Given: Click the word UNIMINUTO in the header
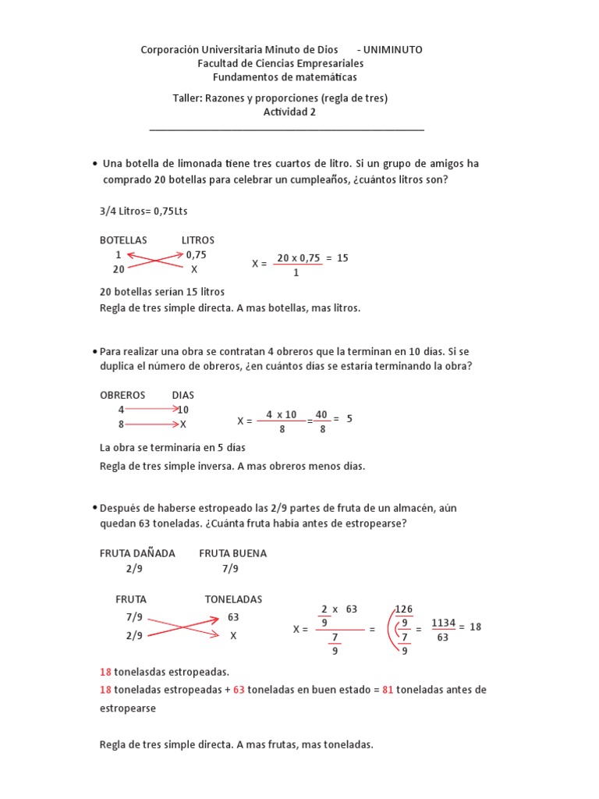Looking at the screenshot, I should pyautogui.click(x=393, y=49).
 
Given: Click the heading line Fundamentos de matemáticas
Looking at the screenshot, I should pyautogui.click(x=285, y=77).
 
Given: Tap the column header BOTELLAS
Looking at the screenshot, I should pyautogui.click(x=123, y=240).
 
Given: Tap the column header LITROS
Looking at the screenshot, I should pyautogui.click(x=198, y=240).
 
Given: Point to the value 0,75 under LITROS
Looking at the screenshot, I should pyautogui.click(x=197, y=254).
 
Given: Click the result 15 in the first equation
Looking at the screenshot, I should pyautogui.click(x=342, y=258).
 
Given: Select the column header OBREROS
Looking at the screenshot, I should pyautogui.click(x=123, y=395).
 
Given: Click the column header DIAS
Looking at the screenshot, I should pyautogui.click(x=183, y=395).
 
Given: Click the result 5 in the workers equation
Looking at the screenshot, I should pyautogui.click(x=349, y=418).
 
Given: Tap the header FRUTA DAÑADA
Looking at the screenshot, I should pyautogui.click(x=137, y=553).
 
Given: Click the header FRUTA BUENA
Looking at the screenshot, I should pyautogui.click(x=232, y=553).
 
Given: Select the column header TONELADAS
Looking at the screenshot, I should pyautogui.click(x=233, y=599).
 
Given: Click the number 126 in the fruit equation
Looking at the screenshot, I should pyautogui.click(x=403, y=609).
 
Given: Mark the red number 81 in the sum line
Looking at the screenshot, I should pyautogui.click(x=388, y=690).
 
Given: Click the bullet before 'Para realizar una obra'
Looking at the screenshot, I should pyautogui.click(x=94, y=352).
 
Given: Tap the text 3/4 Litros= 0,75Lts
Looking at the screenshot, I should pyautogui.click(x=144, y=211).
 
